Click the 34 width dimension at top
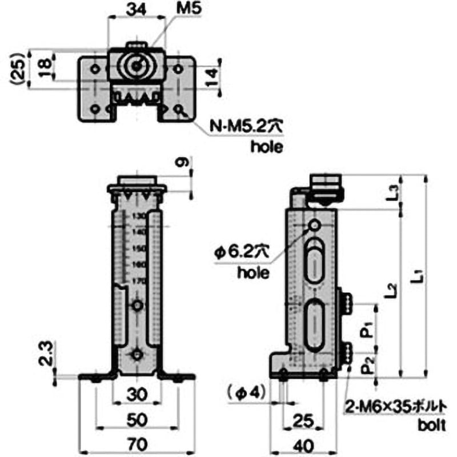[x=135, y=10]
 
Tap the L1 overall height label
[x=418, y=278]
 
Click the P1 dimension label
[x=368, y=330]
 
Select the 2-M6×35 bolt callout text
[x=394, y=407]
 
